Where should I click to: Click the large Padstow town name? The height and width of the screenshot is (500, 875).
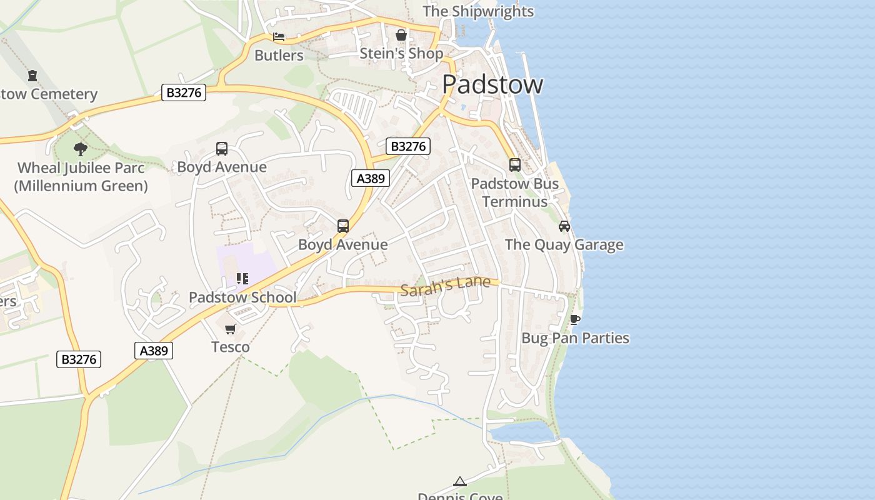coord(492,84)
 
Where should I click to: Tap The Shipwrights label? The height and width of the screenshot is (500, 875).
coord(478,11)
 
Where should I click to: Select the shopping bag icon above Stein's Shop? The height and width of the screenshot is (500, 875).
coord(401,35)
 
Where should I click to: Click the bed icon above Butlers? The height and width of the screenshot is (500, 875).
coord(279,37)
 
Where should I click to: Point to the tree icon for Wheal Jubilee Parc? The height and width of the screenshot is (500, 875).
coord(80,149)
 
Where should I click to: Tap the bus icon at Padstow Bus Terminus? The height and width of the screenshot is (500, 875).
coord(514,165)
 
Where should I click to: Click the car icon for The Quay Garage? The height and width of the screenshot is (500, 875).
coord(564,226)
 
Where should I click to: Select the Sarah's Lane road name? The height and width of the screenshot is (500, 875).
coord(446,286)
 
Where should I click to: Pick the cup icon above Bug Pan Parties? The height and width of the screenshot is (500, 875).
coord(575,320)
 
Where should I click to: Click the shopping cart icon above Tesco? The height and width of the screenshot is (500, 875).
coord(231,329)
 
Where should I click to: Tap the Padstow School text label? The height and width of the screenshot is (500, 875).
coord(242,297)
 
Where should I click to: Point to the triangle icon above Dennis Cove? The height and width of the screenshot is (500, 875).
coord(460,481)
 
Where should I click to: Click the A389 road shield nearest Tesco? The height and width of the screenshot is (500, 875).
coord(154,351)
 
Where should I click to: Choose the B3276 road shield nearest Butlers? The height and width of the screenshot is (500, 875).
coord(184,92)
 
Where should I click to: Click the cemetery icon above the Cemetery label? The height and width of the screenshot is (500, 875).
coord(32,76)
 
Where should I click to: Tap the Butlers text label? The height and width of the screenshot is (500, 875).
coord(279,55)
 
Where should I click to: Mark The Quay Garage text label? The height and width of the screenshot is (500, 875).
coord(564,244)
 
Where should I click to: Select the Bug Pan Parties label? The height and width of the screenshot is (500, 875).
coord(575,338)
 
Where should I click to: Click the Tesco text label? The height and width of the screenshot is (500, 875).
coord(231,347)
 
